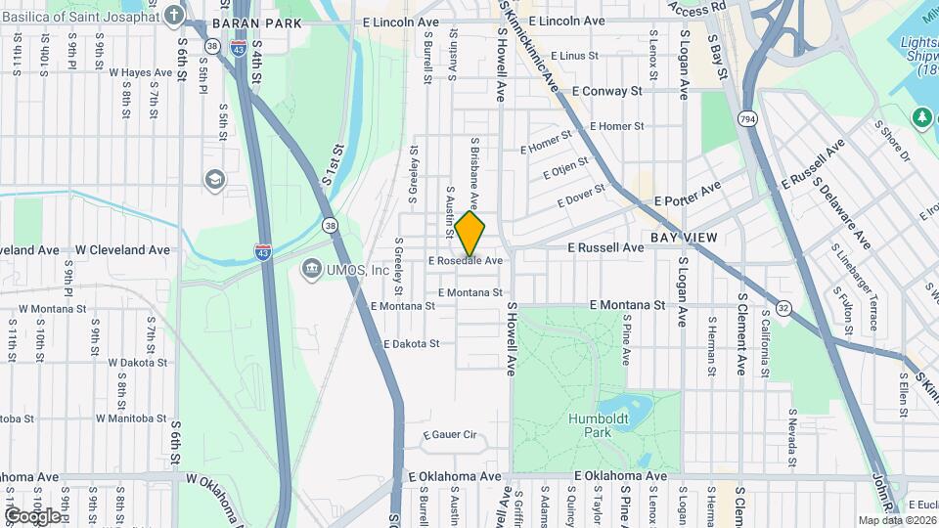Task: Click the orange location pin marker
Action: coord(469,234)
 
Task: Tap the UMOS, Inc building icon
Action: coord(311,269)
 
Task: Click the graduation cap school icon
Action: coord(213,181)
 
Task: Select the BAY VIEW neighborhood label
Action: coord(684,238)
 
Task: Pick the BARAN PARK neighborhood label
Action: coord(243,22)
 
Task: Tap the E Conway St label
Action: coord(606,90)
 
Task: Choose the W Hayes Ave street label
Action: coord(141,72)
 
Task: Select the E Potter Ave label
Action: coord(687,194)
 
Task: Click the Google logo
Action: coord(33,515)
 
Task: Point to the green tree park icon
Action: coord(921,117)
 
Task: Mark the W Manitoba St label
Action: coord(138,418)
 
